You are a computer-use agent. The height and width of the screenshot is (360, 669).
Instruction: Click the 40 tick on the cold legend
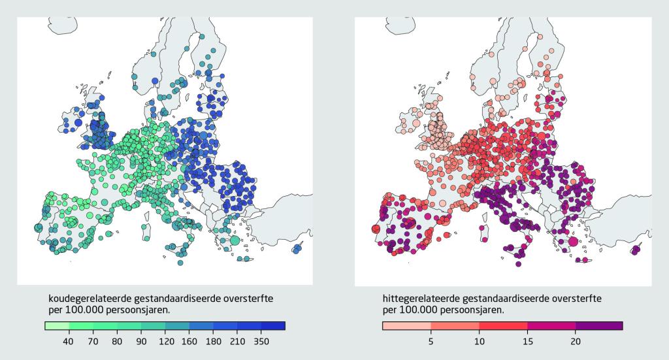pyautogui.click(x=69, y=340)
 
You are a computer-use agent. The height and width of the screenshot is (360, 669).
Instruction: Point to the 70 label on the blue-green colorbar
pyautogui.click(x=93, y=340)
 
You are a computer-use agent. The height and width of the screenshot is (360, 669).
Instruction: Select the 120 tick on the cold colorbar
pyautogui.click(x=165, y=340)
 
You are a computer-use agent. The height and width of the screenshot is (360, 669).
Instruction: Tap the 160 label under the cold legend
pyautogui.click(x=189, y=340)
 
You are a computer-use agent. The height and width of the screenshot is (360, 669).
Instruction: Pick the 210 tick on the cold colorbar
pyautogui.click(x=237, y=340)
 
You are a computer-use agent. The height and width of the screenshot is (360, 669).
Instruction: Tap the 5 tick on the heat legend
pyautogui.click(x=431, y=340)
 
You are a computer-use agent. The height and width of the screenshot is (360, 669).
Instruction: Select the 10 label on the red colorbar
pyautogui.click(x=478, y=340)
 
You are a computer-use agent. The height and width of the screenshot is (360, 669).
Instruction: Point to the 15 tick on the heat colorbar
pyautogui.click(x=527, y=340)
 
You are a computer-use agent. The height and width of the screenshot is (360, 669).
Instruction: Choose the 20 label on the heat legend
pyautogui.click(x=575, y=340)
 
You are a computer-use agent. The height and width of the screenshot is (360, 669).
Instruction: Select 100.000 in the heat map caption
pyautogui.click(x=418, y=309)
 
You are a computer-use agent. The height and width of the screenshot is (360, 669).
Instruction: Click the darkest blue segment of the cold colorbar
pyautogui.click(x=273, y=325)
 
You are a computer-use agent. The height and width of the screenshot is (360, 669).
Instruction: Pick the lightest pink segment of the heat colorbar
pyautogui.click(x=406, y=325)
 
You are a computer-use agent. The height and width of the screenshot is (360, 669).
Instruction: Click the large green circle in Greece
pyautogui.click(x=235, y=240)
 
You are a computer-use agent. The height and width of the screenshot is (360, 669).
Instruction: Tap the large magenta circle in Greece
pyautogui.click(x=573, y=241)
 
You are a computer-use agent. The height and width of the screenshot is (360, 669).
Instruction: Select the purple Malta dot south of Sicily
pyautogui.click(x=519, y=265)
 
